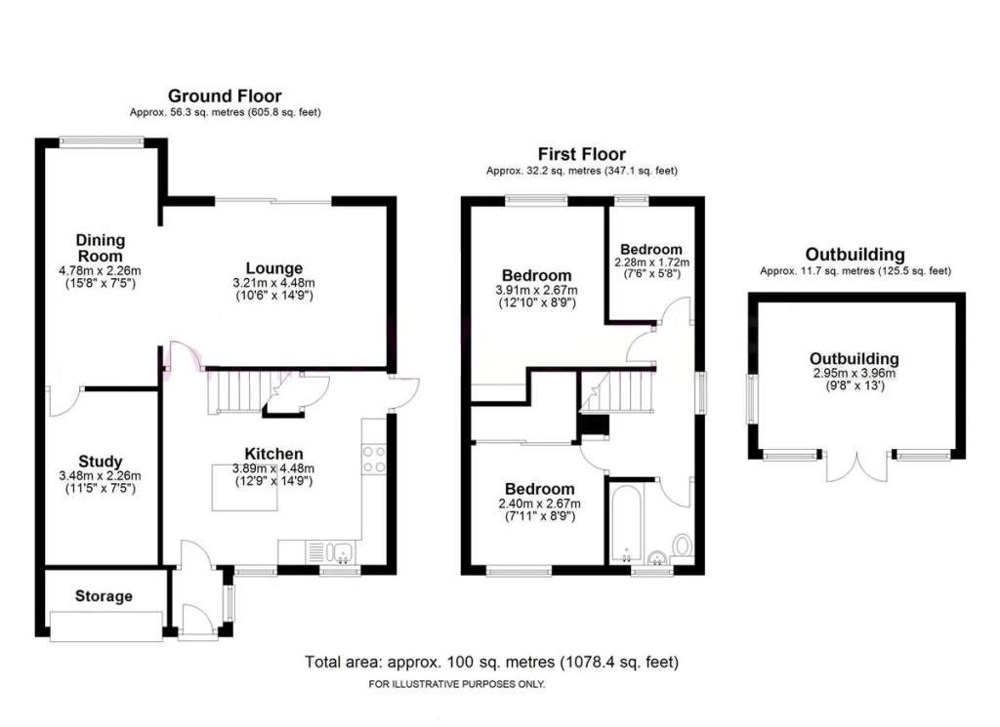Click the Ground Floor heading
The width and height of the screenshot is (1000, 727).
point(225,96)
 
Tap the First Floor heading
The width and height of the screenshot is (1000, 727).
point(582,154)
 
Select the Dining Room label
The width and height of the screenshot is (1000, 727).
point(101,248)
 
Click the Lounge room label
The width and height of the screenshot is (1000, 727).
point(273,268)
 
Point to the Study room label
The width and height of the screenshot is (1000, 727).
point(100,462)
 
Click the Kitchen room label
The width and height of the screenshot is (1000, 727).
point(273,454)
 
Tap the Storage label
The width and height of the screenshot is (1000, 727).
point(104,596)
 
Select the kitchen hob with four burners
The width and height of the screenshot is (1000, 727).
point(374,460)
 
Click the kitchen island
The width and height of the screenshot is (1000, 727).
point(244,487)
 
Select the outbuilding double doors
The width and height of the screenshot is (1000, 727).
point(857,465)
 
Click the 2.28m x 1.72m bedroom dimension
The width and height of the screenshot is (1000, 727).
point(651,263)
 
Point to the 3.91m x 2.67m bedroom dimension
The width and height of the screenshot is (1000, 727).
point(536,290)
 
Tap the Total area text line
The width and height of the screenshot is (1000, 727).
point(491,662)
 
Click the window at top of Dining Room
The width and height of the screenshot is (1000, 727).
point(102,141)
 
